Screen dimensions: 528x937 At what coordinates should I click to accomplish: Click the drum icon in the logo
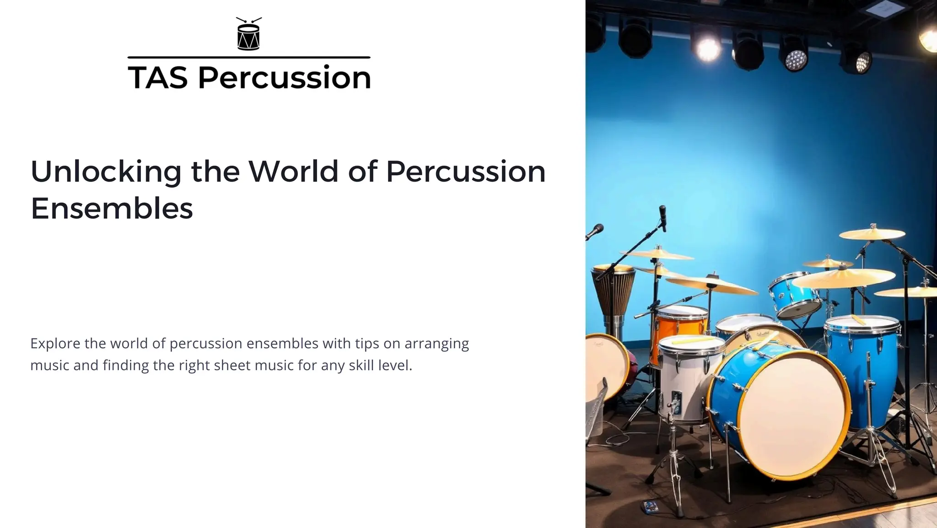[x=248, y=35]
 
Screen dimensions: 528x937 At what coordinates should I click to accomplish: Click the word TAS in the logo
[x=158, y=77]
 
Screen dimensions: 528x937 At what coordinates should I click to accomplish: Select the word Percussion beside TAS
[x=284, y=77]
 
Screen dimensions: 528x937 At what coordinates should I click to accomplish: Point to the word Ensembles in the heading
[x=112, y=209]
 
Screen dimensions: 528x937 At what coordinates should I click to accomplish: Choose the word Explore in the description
[x=55, y=343]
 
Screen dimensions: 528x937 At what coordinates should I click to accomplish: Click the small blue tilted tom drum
[x=794, y=295]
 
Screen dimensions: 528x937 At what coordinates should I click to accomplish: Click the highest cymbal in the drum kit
[x=872, y=234]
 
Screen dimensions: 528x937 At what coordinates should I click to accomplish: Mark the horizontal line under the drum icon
[x=248, y=58]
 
